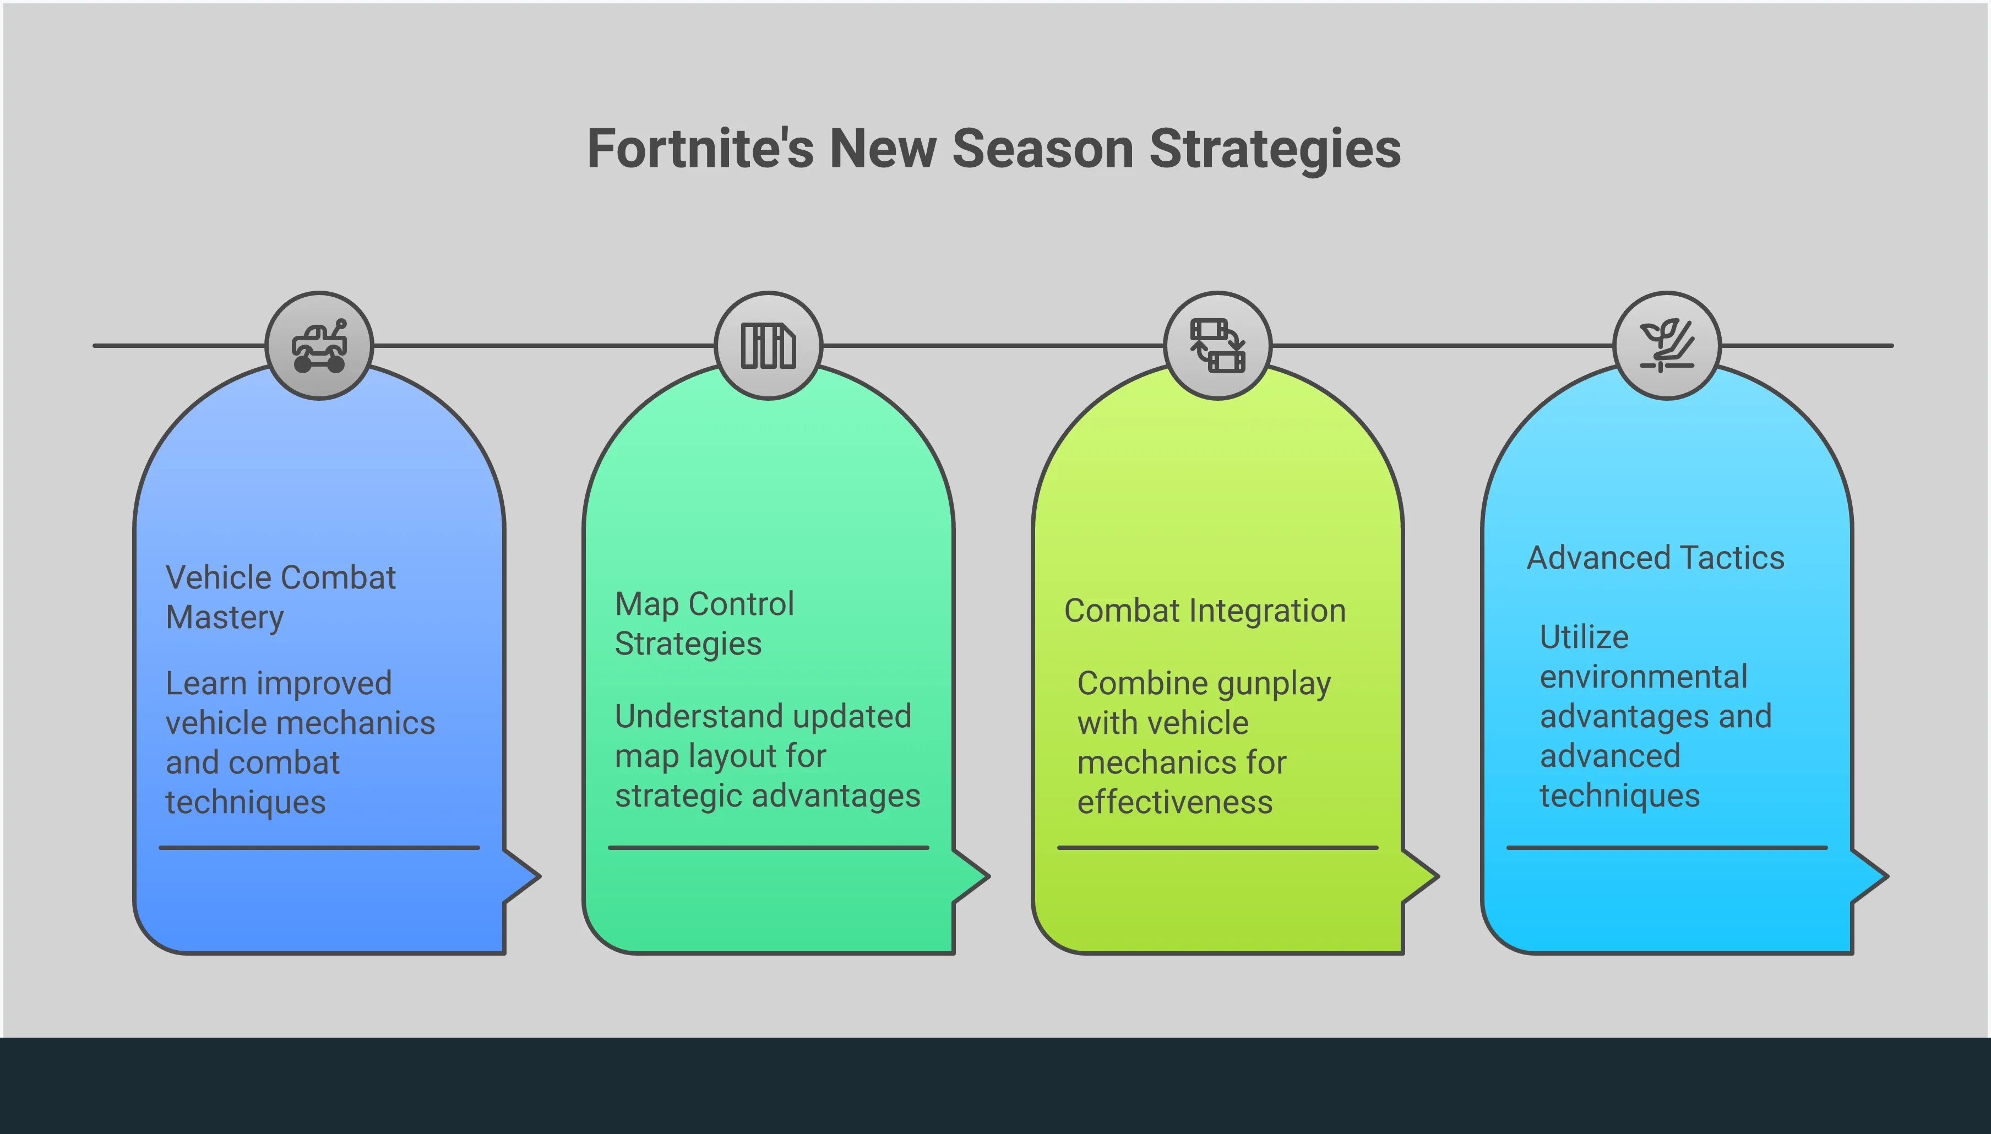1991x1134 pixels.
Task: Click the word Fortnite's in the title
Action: point(699,148)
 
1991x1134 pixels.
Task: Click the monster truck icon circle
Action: point(319,346)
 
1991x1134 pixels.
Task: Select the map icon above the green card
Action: point(768,346)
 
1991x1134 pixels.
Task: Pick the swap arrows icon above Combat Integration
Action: point(1217,346)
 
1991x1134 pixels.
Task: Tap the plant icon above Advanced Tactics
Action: point(1667,346)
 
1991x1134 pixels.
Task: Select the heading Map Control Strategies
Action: point(704,624)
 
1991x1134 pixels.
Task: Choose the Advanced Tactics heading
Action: point(1655,558)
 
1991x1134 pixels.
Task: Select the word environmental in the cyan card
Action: point(1644,677)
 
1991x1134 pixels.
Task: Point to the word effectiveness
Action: point(1174,802)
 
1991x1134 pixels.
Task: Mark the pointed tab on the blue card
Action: point(522,876)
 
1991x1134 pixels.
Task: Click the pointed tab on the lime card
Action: point(1420,876)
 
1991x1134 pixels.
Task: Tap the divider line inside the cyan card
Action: point(1667,847)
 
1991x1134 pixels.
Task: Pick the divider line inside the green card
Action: point(769,847)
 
